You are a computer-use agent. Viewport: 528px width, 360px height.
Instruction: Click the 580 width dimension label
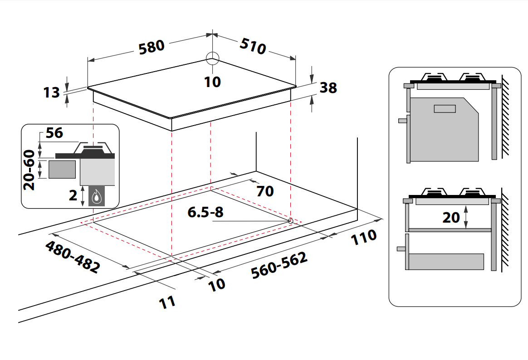(x=151, y=47)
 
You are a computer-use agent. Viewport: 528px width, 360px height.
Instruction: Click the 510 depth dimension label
(x=252, y=45)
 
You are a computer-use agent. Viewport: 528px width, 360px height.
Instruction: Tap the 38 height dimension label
(x=328, y=88)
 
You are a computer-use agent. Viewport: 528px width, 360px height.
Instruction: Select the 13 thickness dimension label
(x=52, y=92)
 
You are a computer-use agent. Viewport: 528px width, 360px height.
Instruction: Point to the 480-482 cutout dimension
(x=73, y=256)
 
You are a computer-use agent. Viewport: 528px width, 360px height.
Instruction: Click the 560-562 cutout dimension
(x=279, y=265)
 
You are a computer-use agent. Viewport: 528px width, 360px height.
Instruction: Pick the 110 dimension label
(x=363, y=237)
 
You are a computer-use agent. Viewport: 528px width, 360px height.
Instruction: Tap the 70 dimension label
(x=265, y=191)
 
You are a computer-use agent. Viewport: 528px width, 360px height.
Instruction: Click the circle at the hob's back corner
(x=212, y=58)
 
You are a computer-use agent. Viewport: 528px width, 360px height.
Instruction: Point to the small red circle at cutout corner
(x=290, y=220)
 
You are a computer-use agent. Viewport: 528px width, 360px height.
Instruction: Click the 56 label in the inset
(x=54, y=133)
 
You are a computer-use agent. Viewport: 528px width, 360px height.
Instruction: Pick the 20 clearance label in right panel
(x=451, y=218)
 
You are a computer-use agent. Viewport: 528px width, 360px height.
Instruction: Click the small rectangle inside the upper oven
(x=445, y=109)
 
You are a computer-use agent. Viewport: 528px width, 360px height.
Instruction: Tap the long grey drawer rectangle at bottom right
(x=446, y=262)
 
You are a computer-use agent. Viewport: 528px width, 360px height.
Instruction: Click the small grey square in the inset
(x=62, y=169)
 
